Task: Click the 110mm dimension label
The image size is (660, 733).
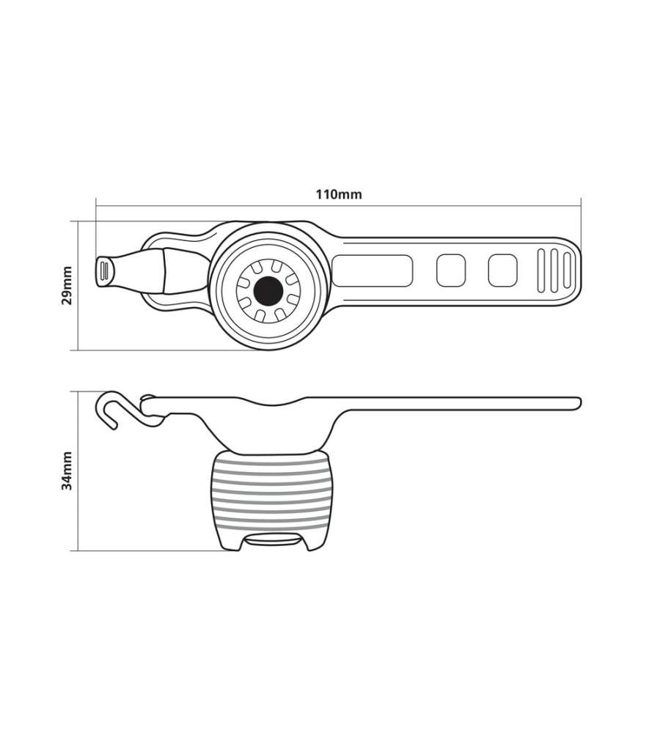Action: [339, 194]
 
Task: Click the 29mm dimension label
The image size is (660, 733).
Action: [67, 285]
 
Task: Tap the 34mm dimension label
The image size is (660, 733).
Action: [67, 471]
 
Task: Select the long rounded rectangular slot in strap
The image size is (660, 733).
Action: [373, 270]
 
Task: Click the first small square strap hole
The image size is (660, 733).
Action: [451, 270]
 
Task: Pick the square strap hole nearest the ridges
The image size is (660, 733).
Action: [503, 270]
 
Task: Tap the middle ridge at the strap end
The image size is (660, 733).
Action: [554, 270]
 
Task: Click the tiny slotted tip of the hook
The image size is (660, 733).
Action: [104, 270]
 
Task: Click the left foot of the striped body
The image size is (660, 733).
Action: [230, 542]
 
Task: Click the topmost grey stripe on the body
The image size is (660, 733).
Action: [271, 463]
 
